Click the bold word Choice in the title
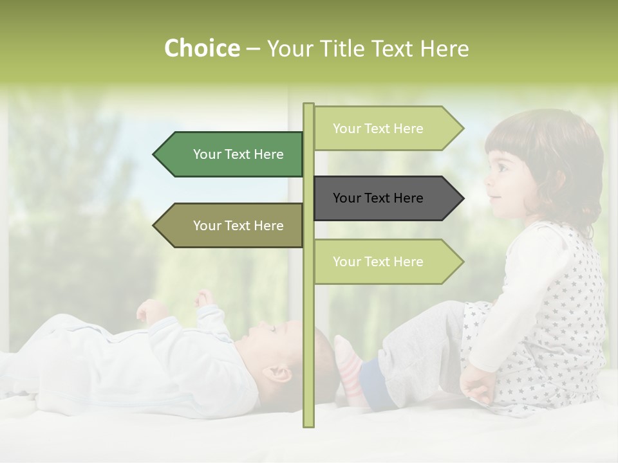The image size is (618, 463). point(201,48)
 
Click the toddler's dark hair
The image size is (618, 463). point(554,154)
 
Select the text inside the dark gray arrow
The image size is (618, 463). point(378,198)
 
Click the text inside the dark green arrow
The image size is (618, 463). point(238,154)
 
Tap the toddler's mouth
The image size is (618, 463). point(494,196)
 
